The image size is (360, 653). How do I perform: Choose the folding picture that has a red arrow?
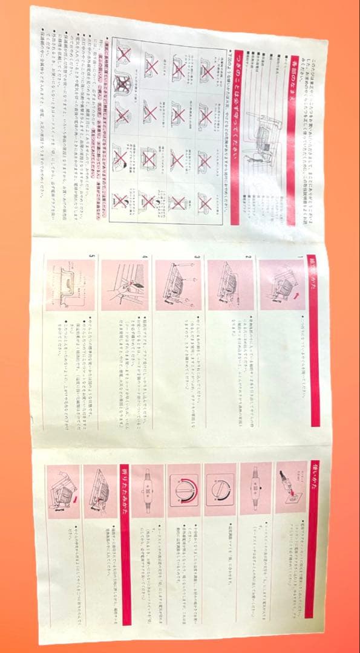[x=67, y=490]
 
